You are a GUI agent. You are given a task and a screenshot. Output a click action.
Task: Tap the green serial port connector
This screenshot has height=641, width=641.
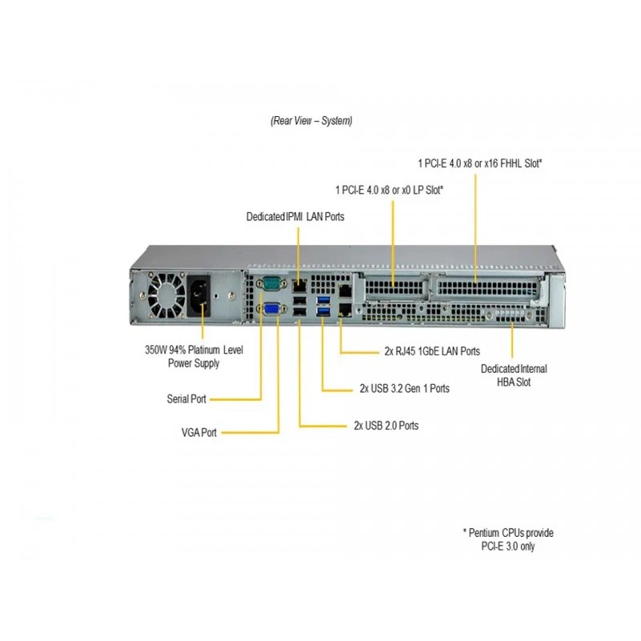pos(272,283)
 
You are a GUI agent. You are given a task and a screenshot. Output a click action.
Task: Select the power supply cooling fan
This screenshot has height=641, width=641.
pos(167,296)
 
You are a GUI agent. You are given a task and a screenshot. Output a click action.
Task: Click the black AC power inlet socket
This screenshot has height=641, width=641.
pos(199,295)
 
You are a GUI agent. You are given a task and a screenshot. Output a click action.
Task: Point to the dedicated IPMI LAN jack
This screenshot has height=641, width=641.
pos(300,285)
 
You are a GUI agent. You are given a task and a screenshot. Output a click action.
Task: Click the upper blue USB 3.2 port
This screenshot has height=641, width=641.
pos(324,300)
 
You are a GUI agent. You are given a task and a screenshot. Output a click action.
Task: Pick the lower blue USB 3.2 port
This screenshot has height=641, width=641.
pos(324,312)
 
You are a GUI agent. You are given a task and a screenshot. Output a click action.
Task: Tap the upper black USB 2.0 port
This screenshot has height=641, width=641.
pos(300,301)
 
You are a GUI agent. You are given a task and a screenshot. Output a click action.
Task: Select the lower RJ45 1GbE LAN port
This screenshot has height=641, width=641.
pos(345,309)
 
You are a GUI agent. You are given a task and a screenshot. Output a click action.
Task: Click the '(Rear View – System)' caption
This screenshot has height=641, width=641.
pos(311,121)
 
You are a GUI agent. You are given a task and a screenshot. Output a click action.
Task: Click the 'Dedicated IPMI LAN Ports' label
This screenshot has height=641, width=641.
pos(295,216)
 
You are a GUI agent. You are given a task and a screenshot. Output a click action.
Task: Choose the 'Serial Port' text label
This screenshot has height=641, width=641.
pos(187,398)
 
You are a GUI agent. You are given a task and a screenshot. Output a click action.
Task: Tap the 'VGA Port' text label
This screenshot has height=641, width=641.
pos(199,432)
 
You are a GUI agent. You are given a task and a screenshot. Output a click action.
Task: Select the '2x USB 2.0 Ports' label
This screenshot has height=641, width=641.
pos(386,425)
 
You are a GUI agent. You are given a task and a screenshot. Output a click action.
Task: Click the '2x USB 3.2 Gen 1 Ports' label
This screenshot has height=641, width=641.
pos(405,388)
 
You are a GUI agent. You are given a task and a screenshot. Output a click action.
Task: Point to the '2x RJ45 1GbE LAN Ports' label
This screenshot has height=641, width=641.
pos(432,351)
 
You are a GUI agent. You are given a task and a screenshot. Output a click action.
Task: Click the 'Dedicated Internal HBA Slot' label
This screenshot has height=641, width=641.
pos(514,375)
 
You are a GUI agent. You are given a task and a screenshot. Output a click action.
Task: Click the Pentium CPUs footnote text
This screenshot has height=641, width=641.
pos(508,539)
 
